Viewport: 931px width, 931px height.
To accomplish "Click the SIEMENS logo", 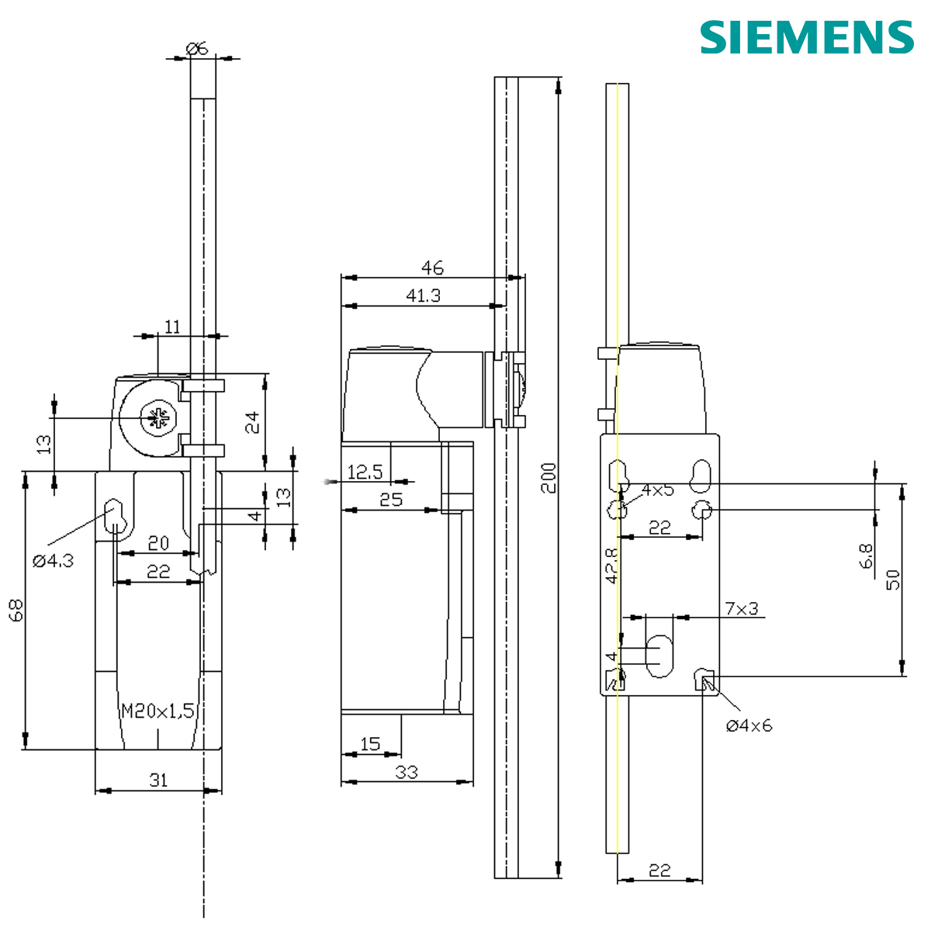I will [x=807, y=36].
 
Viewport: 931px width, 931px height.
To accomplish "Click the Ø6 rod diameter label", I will [x=198, y=48].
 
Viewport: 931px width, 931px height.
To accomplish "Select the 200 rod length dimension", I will [x=549, y=479].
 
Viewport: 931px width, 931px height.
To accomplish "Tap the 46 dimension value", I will [x=432, y=268].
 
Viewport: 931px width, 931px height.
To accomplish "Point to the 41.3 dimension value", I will [x=424, y=296].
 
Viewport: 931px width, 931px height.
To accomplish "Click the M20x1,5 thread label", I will [x=157, y=711].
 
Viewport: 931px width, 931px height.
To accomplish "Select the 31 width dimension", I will [x=158, y=780].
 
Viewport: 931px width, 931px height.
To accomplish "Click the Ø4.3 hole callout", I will [x=53, y=560].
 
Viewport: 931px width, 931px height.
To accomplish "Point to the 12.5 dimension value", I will [x=365, y=472].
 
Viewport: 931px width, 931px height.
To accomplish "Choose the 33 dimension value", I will [x=407, y=772].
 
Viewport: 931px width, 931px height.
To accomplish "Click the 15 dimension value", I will [x=371, y=744].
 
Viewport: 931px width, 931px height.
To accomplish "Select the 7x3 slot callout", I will [x=741, y=609].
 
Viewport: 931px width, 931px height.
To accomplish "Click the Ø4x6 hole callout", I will [x=749, y=725].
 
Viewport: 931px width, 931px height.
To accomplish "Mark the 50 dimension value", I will [x=893, y=579].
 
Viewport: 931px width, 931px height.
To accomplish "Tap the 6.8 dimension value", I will [x=867, y=555].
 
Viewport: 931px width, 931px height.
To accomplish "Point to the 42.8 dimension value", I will [x=611, y=566].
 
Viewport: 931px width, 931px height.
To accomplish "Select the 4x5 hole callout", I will [x=657, y=490].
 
